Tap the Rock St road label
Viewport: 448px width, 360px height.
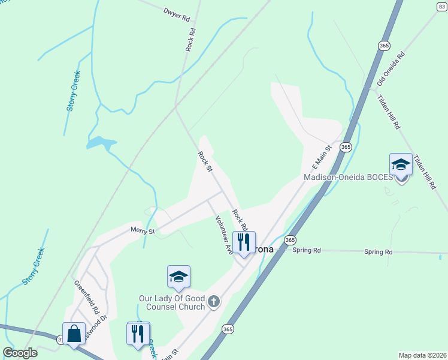[205, 161]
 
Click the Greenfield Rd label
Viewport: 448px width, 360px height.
[86, 298]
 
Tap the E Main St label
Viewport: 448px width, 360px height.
[321, 157]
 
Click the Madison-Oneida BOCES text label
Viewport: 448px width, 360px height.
[348, 178]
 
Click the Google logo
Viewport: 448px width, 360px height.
[20, 353]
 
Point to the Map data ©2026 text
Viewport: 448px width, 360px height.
[422, 355]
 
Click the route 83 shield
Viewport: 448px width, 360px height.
[442, 7]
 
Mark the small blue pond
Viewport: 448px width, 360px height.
[101, 143]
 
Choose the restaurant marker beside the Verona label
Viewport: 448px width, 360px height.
[244, 242]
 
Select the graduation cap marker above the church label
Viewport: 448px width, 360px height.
[178, 277]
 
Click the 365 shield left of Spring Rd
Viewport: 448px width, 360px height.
[290, 240]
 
